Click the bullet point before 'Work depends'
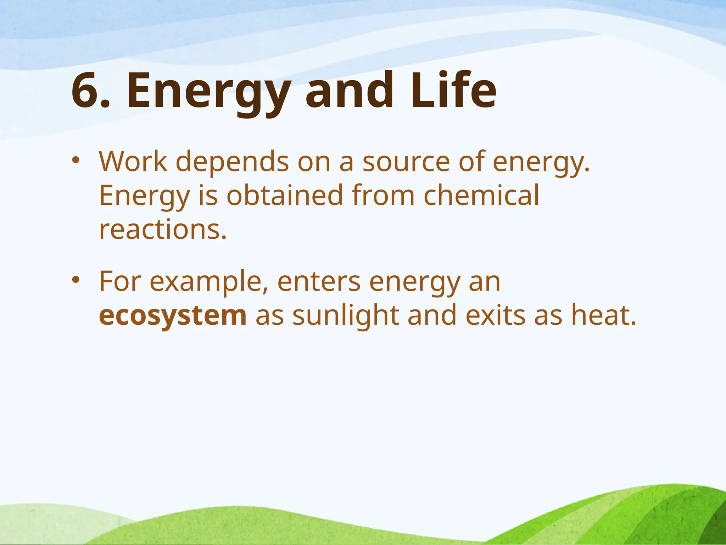click(x=76, y=160)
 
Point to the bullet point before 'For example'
click(x=76, y=280)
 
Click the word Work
click(x=133, y=161)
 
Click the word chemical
click(x=481, y=196)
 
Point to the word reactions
click(x=162, y=230)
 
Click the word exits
click(x=495, y=315)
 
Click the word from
click(x=383, y=196)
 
